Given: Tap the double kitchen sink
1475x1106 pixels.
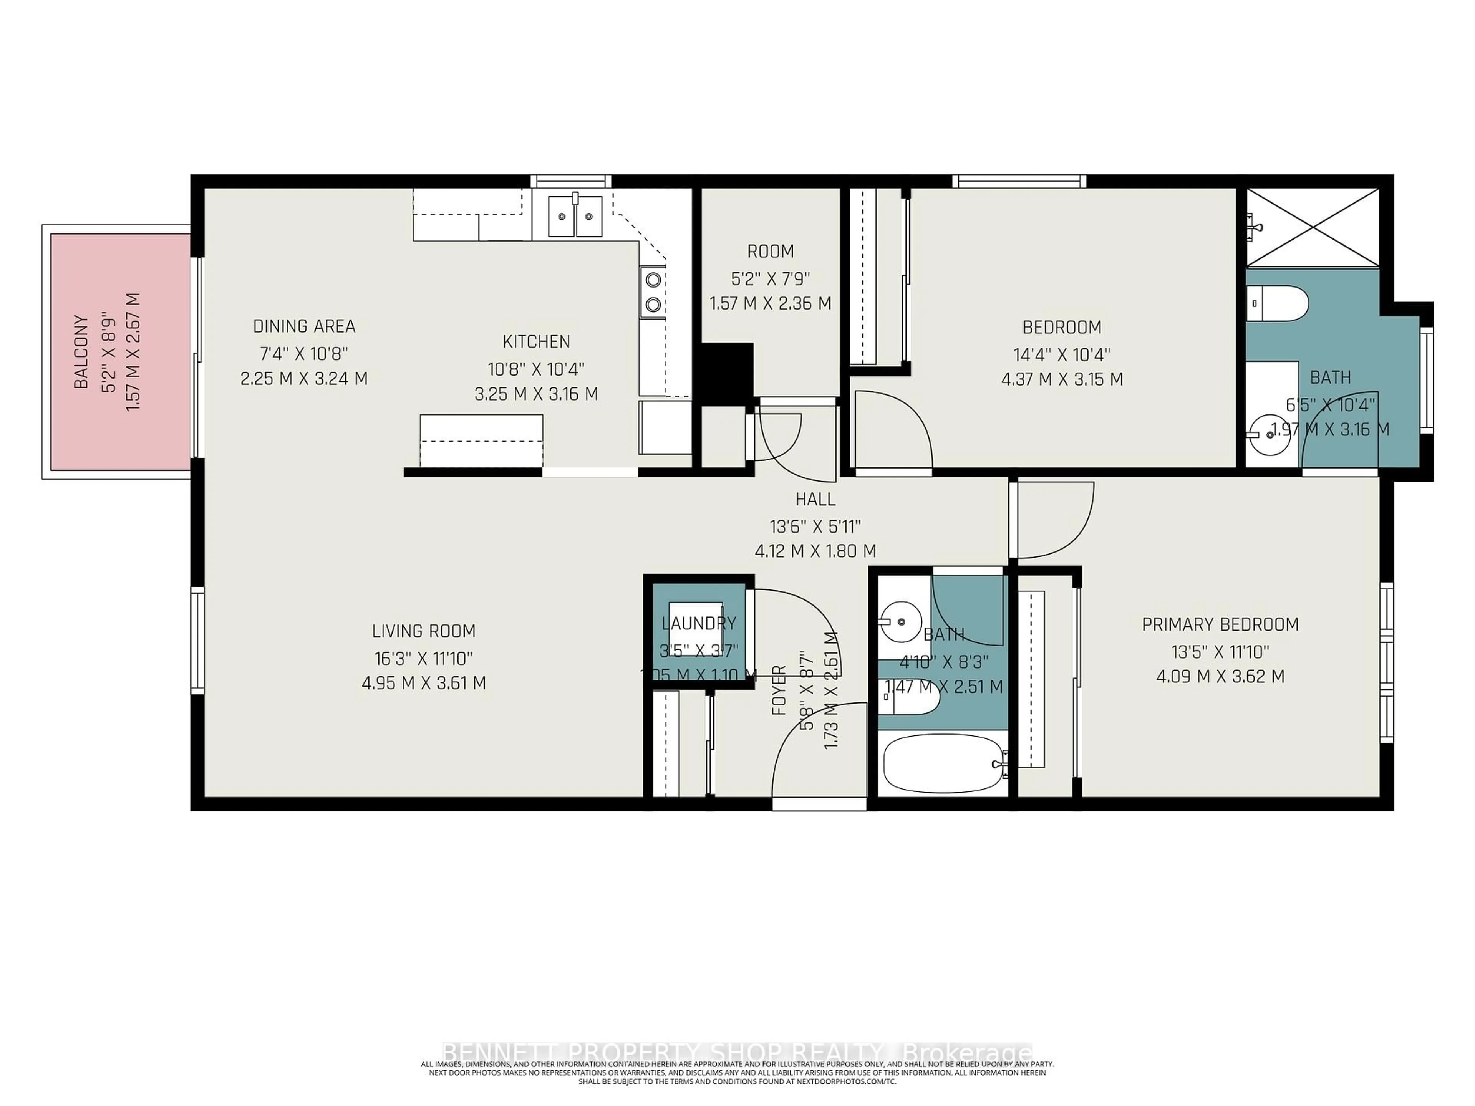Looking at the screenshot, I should click(x=575, y=216).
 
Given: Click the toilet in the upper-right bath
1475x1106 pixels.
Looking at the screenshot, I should click(x=1277, y=303).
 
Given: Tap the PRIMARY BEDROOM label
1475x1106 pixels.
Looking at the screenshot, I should click(x=1220, y=625).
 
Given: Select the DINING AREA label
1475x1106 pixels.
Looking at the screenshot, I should click(x=304, y=326).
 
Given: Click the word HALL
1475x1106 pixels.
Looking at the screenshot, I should click(x=815, y=499).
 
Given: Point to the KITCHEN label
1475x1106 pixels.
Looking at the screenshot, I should click(x=536, y=341).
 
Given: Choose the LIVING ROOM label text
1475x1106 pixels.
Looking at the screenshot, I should click(x=423, y=631).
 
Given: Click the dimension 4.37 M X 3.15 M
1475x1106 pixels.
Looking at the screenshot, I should click(x=1062, y=379).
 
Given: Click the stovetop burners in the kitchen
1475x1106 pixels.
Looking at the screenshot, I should click(x=653, y=292).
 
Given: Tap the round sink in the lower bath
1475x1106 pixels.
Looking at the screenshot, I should click(x=901, y=621).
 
